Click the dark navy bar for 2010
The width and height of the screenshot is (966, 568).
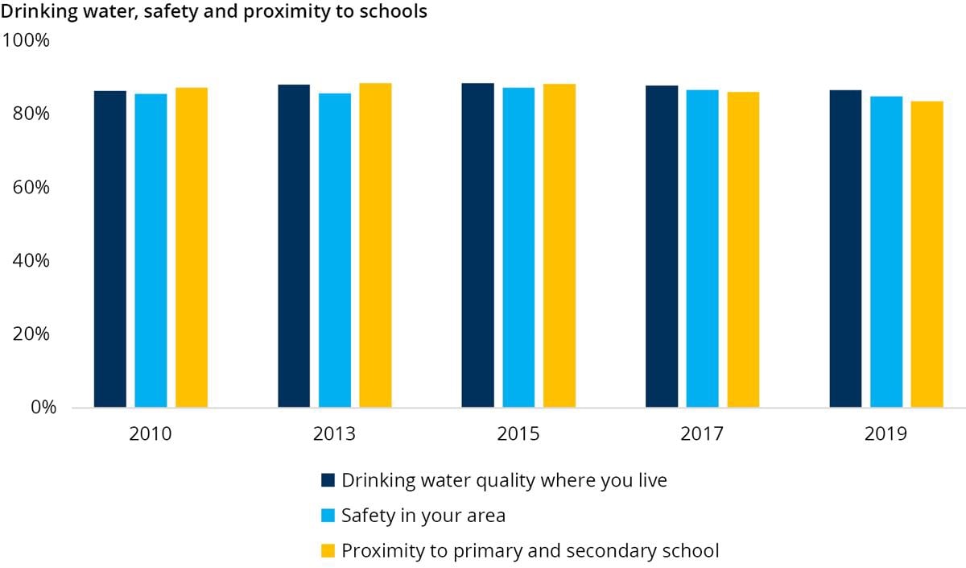[x=110, y=249]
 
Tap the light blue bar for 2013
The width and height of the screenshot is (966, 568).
[x=335, y=250]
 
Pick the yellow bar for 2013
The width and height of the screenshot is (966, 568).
[x=375, y=245]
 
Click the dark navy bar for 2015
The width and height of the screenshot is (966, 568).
[x=478, y=245]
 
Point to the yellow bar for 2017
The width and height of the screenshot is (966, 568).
[x=743, y=250]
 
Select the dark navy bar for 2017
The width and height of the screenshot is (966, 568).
[x=662, y=247]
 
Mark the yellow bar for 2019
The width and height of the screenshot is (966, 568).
[x=927, y=254]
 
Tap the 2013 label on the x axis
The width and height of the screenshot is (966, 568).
[x=334, y=435]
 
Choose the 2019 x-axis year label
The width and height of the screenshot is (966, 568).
[x=885, y=435]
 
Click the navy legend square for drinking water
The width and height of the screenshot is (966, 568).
[x=328, y=481]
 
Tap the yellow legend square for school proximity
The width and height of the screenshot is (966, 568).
[x=328, y=552]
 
